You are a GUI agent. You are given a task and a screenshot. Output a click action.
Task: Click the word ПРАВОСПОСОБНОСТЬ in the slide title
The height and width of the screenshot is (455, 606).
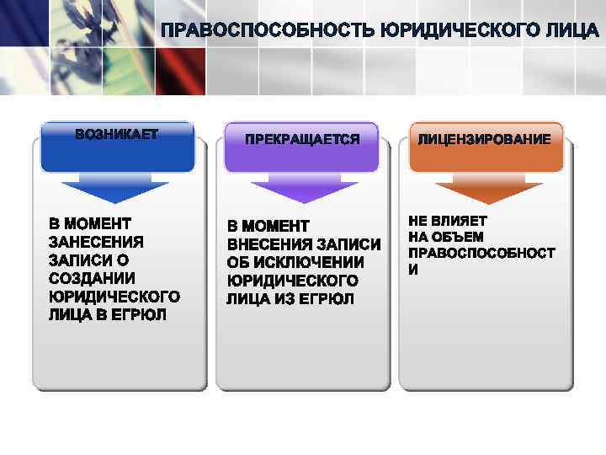[x=268, y=32]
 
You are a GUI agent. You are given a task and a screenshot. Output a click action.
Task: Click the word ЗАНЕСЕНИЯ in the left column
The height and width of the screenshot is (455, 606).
[x=96, y=242]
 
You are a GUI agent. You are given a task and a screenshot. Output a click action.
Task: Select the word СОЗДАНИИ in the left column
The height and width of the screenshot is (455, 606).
[x=92, y=278]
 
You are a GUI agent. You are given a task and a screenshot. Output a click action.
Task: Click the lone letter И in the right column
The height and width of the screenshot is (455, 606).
[x=412, y=270]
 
